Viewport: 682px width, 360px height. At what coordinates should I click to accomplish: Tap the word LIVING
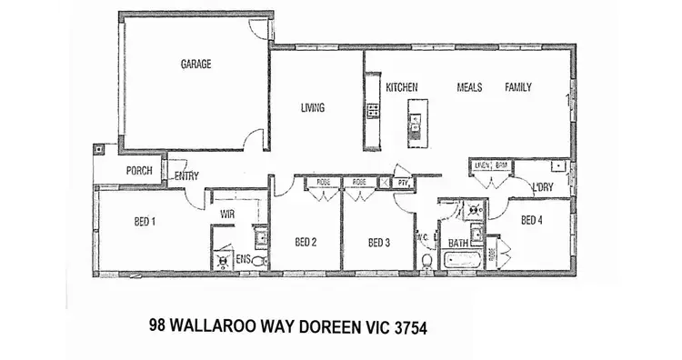click(313, 108)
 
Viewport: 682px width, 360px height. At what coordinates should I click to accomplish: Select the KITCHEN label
click(401, 87)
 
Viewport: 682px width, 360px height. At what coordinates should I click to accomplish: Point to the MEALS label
click(470, 87)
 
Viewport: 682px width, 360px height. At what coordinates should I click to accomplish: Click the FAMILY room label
click(518, 87)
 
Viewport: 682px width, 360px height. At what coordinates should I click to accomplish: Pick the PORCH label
click(139, 170)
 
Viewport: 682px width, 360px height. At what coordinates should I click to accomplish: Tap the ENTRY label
click(186, 176)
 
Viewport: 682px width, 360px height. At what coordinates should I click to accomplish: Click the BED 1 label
click(145, 221)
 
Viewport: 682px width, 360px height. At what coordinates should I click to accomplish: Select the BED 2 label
click(306, 243)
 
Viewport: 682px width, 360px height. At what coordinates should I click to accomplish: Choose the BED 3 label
click(378, 243)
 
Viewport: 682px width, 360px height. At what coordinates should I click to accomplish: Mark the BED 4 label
click(532, 220)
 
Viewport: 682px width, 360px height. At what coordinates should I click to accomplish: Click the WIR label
click(228, 215)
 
